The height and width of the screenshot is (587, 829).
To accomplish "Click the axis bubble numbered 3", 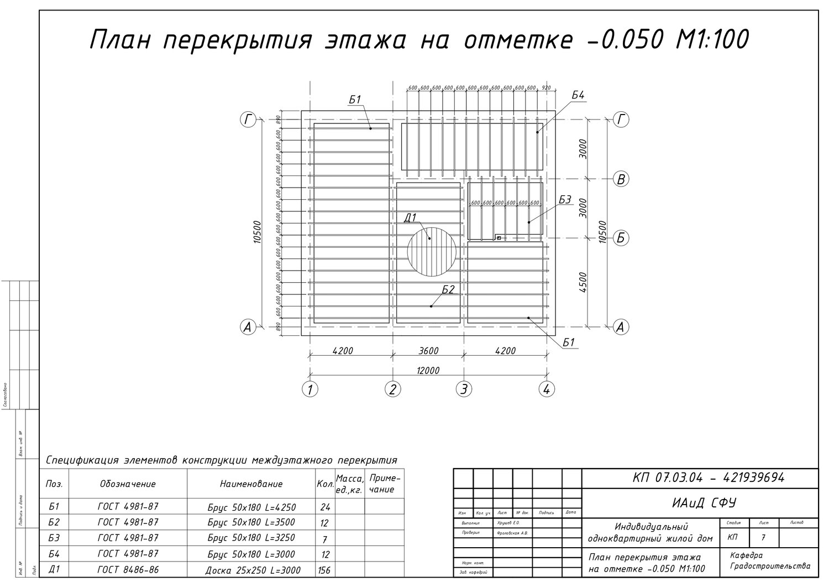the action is click(x=464, y=389).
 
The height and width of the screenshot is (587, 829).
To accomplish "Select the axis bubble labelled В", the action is click(x=621, y=179).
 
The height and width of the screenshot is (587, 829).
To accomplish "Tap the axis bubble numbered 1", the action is click(x=310, y=389).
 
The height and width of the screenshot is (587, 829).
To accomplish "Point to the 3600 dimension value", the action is click(x=428, y=351).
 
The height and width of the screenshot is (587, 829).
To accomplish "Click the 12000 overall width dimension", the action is click(x=428, y=370).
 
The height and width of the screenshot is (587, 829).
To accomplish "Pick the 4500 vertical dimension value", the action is click(x=584, y=282).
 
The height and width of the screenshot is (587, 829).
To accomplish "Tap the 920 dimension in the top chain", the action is click(x=547, y=87).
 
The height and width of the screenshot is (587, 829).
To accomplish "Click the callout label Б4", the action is click(x=578, y=96).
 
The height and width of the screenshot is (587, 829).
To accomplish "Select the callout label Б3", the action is click(x=565, y=200).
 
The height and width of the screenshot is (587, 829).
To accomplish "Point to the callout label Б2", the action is click(x=448, y=289).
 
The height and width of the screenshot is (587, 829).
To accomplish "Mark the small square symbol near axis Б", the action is click(x=499, y=238).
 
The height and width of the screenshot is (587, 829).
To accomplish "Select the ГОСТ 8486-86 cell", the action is click(x=128, y=570).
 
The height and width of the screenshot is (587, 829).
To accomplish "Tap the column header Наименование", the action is click(x=251, y=484).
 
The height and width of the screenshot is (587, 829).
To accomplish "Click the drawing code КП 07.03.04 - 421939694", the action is click(x=708, y=478).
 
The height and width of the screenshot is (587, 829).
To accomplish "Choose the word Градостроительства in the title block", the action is click(x=770, y=566).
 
